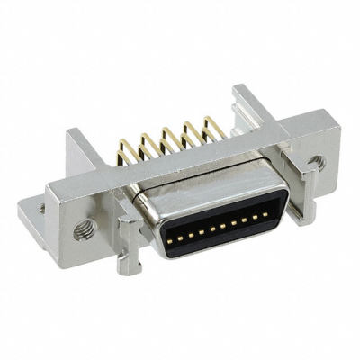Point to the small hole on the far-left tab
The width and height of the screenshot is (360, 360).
pos(41,209)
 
